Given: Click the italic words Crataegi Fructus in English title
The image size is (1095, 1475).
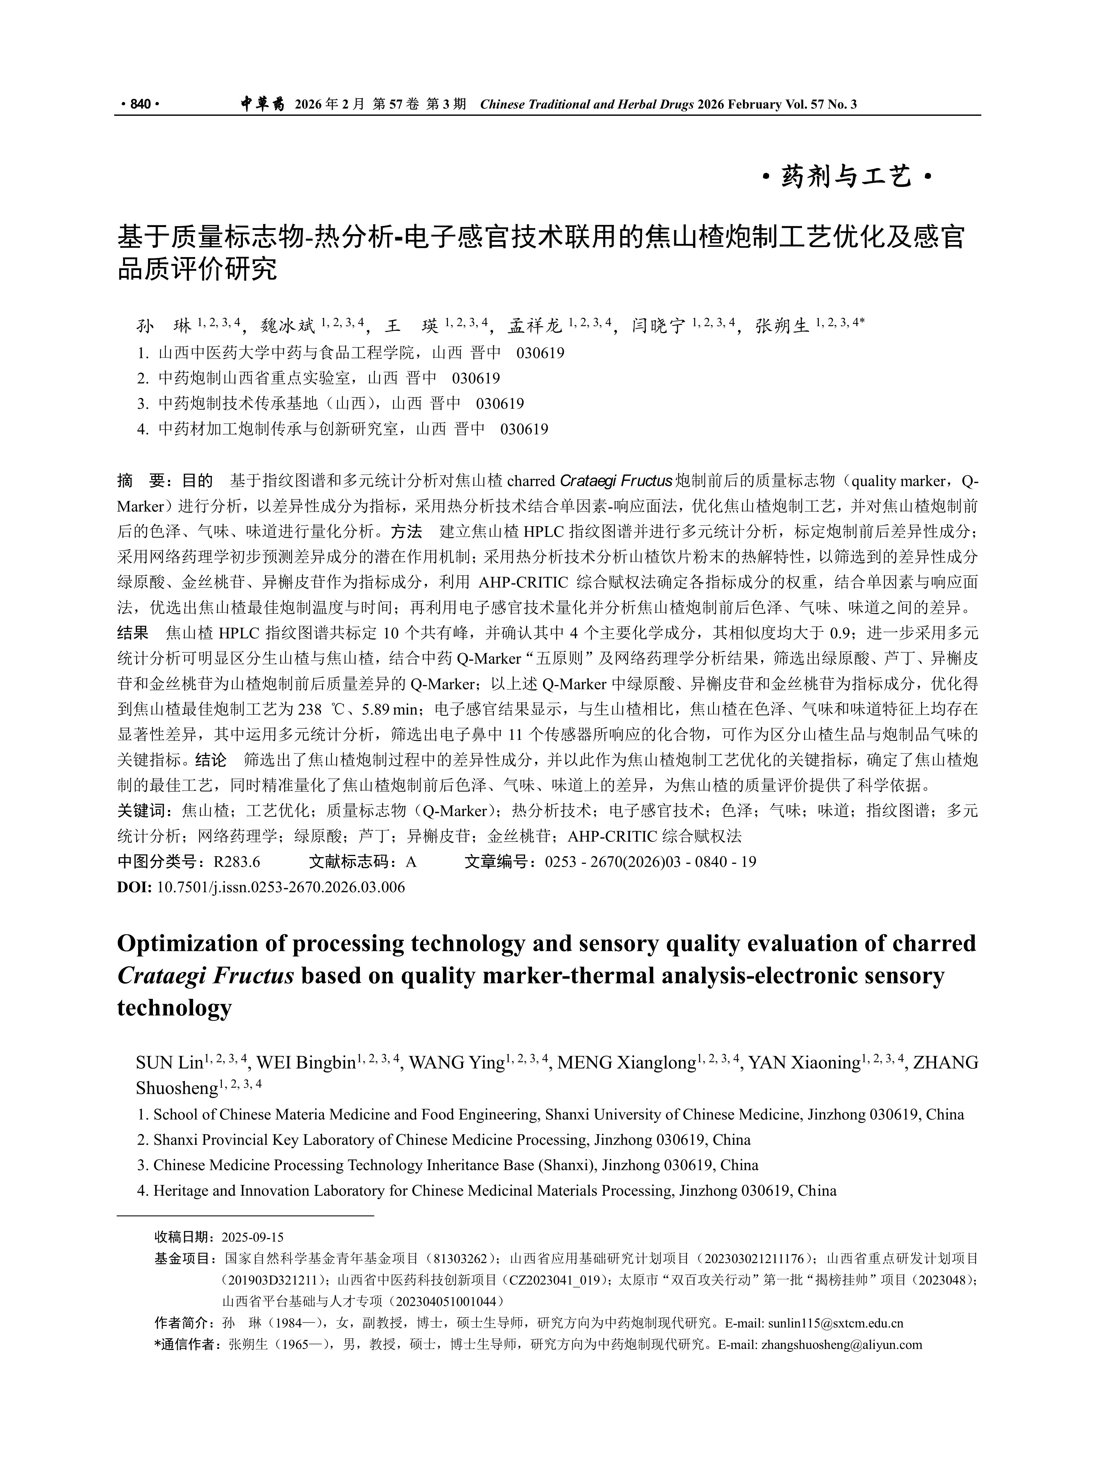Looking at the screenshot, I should point(205,976).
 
